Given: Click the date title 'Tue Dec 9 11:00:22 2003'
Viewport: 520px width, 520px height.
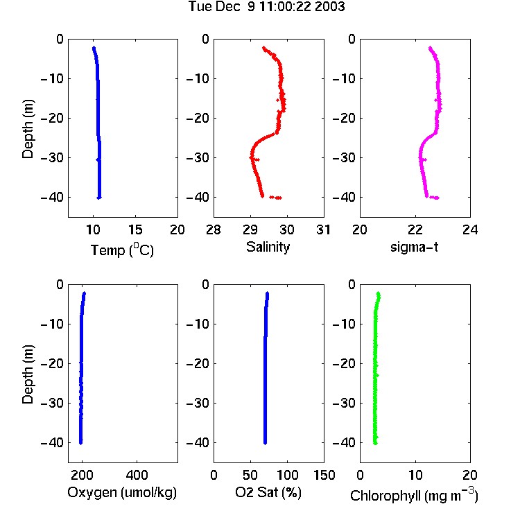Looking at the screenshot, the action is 267,7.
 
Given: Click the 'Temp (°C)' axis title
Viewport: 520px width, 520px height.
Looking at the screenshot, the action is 122,250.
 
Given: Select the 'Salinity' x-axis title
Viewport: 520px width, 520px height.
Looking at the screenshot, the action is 268,247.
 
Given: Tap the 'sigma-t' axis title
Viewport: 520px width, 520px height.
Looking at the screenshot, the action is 414,247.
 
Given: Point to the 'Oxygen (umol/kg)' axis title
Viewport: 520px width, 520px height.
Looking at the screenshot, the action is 122,492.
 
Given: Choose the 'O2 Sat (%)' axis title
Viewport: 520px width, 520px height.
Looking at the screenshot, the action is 268,492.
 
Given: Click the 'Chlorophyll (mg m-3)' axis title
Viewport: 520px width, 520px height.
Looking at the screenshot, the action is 414,494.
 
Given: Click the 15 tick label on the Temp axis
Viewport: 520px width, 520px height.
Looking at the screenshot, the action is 135,229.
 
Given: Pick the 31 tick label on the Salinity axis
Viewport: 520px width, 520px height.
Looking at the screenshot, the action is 323,229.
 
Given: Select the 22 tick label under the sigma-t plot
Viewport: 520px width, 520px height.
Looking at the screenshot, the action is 415,229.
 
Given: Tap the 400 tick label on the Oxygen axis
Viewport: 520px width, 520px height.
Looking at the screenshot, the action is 137,475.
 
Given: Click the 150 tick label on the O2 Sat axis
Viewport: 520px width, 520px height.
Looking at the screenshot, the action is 324,475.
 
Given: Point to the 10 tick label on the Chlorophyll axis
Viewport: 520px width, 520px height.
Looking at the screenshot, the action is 415,475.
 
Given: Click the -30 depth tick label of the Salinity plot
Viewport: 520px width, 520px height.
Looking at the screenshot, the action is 198,157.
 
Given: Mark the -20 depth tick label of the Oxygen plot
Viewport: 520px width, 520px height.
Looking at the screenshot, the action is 52,363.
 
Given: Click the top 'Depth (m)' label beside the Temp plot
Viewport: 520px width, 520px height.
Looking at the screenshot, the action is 28,129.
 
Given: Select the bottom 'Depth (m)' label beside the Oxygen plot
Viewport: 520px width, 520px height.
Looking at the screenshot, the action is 28,374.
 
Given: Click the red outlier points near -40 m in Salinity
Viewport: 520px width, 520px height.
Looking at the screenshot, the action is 275,198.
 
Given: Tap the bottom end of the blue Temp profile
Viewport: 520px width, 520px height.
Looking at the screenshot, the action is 99,198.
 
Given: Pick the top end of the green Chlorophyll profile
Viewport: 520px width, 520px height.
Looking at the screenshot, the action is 378,293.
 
